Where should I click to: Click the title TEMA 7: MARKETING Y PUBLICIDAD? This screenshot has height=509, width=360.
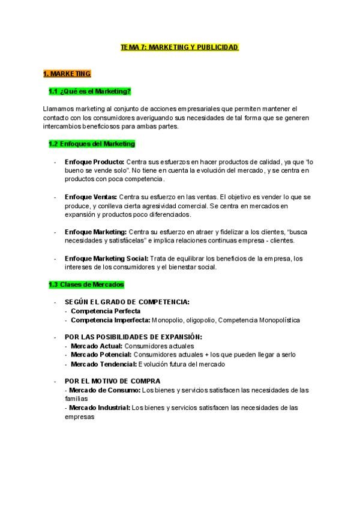(179, 46)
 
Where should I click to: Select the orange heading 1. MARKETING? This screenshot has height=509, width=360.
(67, 74)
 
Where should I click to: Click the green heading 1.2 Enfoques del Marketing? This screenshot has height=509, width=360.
(92, 144)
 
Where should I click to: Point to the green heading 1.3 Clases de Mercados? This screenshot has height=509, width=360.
(86, 284)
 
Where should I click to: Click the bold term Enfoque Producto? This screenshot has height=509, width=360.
(94, 162)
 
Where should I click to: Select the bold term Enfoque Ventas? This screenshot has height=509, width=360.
(91, 197)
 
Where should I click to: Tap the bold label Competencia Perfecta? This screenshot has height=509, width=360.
(106, 311)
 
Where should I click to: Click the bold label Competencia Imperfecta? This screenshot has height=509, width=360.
(110, 320)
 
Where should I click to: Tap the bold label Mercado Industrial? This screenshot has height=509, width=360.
(100, 408)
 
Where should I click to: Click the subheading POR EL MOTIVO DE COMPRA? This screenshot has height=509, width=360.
(112, 381)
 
